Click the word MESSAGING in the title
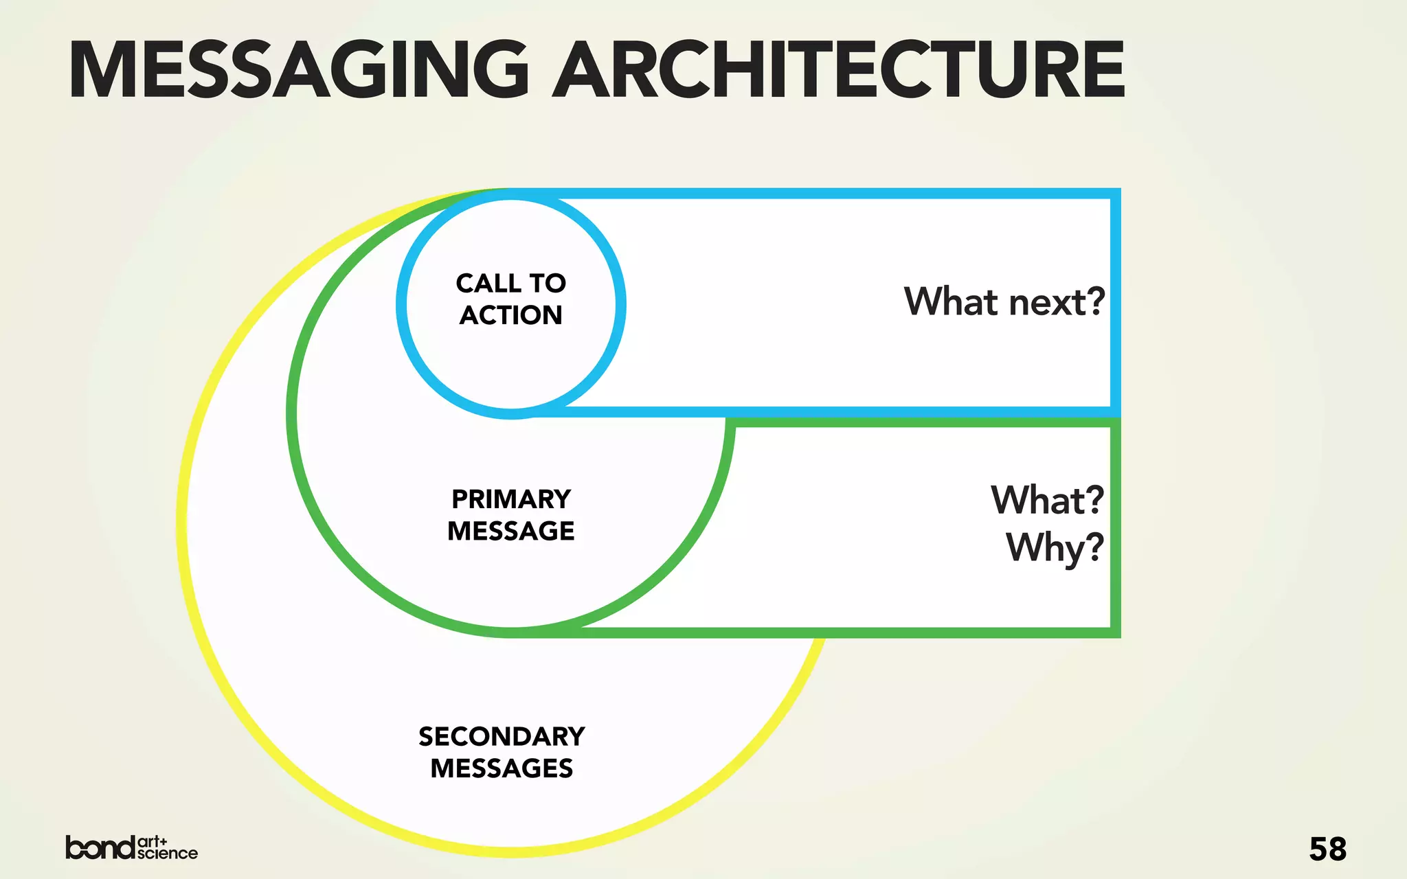pos(300,69)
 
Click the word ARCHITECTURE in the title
pos(839,69)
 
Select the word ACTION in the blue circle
pos(510,315)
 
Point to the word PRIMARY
pos(510,499)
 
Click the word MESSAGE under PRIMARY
pos(510,531)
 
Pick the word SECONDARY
pos(502,736)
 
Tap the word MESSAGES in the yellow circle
pos(502,768)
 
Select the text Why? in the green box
pos(1055,548)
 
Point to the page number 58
pos(1327,849)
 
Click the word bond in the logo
pos(100,847)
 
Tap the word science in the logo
pos(167,854)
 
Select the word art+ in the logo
pos(153,841)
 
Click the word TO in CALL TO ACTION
pos(547,283)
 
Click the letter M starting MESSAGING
pos(104,69)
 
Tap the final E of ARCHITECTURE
pos(1101,69)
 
